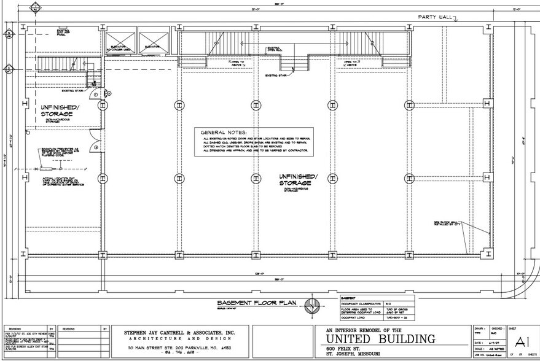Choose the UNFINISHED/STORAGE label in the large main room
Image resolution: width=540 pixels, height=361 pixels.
(x=297, y=179)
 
